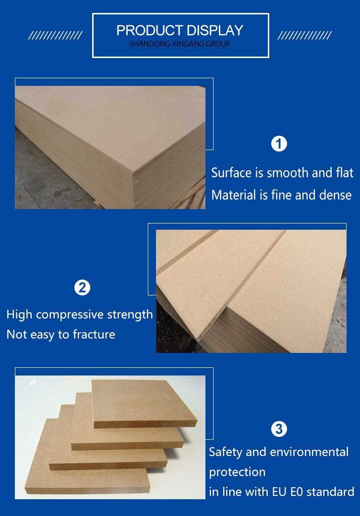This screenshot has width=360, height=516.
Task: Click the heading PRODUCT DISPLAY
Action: pyautogui.click(x=180, y=31)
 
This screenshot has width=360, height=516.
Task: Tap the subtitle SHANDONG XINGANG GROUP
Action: pyautogui.click(x=180, y=44)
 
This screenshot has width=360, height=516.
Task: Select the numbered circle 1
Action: pyautogui.click(x=279, y=144)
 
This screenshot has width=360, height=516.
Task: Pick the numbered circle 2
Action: pyautogui.click(x=82, y=288)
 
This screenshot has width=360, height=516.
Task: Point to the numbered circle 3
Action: pyautogui.click(x=279, y=429)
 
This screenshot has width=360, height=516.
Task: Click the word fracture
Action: pyautogui.click(x=94, y=334)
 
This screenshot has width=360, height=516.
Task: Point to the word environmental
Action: pyautogui.click(x=309, y=452)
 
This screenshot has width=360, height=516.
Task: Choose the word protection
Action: pyautogui.click(x=237, y=472)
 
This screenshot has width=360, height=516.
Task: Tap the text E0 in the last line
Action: pyautogui.click(x=297, y=492)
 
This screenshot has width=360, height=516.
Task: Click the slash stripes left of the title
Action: pyautogui.click(x=55, y=35)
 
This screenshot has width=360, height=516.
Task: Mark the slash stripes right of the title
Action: pyautogui.click(x=305, y=35)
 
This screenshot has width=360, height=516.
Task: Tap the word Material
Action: pyautogui.click(x=234, y=195)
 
